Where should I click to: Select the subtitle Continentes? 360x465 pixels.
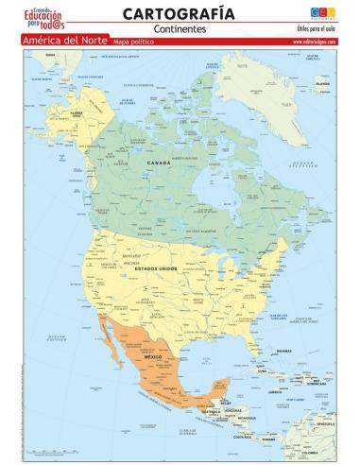coord(180,28)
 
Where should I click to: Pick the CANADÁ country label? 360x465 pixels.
coord(158,164)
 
